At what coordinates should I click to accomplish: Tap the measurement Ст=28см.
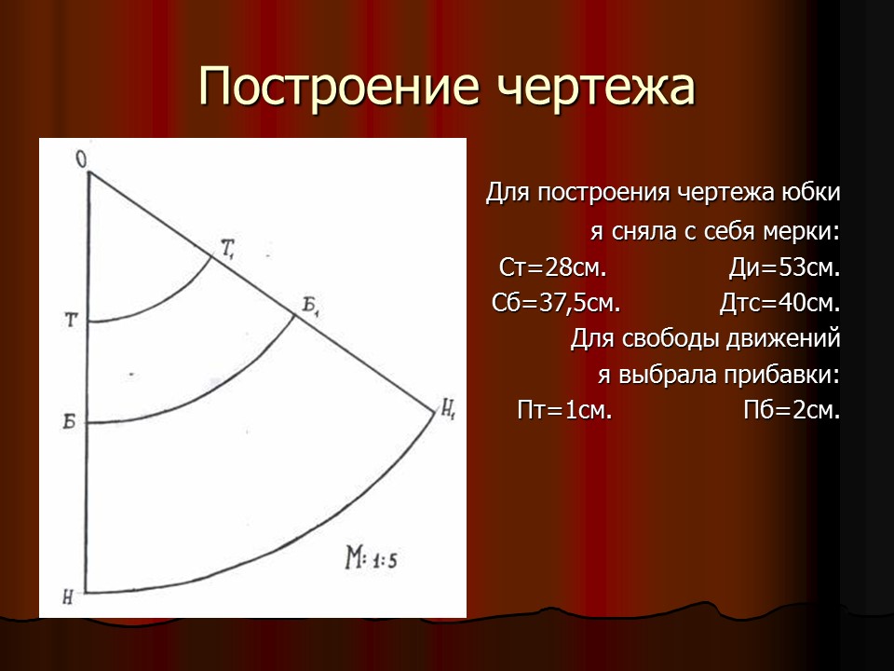pyautogui.click(x=553, y=268)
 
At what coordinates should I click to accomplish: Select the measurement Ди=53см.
pyautogui.click(x=784, y=268)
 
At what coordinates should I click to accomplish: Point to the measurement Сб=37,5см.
pyautogui.click(x=556, y=304)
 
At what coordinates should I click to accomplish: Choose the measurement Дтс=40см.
pyautogui.click(x=779, y=304)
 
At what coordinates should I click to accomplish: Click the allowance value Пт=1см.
pyautogui.click(x=564, y=410)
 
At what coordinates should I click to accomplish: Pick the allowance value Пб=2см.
pyautogui.click(x=792, y=410)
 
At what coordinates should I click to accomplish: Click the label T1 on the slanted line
pyautogui.click(x=228, y=247)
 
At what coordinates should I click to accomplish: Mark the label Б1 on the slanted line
pyautogui.click(x=311, y=305)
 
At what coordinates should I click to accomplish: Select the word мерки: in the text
pyautogui.click(x=805, y=231)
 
